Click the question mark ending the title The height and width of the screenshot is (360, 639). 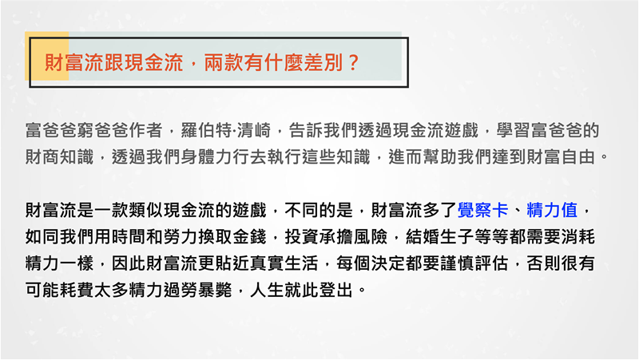(x=353, y=63)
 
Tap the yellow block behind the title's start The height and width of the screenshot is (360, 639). (x=47, y=56)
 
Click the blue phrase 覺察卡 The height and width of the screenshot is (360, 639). (x=483, y=210)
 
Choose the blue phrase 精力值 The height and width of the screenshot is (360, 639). (x=552, y=210)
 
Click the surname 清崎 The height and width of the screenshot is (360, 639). (x=253, y=130)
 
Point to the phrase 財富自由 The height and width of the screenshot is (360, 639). (x=561, y=156)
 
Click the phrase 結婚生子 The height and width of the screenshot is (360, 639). (x=440, y=236)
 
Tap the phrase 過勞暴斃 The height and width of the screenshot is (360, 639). (x=197, y=290)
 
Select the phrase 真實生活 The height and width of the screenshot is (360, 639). (x=284, y=263)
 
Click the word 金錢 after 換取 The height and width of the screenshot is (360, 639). (x=249, y=236)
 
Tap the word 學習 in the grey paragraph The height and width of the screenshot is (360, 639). (x=514, y=130)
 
